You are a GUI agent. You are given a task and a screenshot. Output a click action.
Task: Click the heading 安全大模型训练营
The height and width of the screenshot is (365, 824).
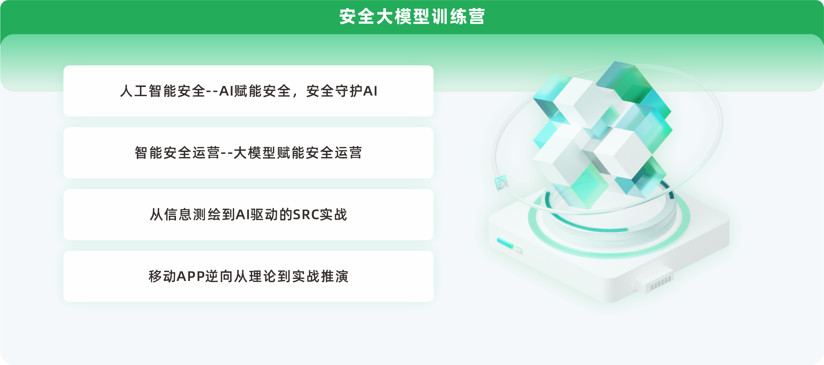[x=412, y=17]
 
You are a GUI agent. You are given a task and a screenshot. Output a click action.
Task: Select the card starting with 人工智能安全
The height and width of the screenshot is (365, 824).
[x=248, y=91]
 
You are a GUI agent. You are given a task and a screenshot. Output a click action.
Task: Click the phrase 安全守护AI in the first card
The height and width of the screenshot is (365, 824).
[x=342, y=91]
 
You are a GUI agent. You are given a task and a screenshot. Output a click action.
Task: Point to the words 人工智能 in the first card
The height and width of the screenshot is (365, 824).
[x=148, y=91]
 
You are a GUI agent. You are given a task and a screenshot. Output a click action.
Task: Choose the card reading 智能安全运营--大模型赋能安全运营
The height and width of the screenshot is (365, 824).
[x=248, y=153]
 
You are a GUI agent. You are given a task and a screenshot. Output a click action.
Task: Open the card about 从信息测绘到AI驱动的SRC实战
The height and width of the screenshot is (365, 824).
[x=248, y=214]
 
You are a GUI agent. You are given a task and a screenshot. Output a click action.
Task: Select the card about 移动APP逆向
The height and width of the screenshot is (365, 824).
[x=248, y=276]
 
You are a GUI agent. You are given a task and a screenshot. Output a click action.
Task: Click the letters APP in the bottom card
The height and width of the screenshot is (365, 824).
[x=191, y=276]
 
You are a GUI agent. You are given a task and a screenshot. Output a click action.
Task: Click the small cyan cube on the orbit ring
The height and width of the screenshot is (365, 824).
[x=501, y=182]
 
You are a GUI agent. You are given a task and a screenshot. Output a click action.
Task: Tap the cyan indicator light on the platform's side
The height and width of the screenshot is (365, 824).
[x=505, y=243]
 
